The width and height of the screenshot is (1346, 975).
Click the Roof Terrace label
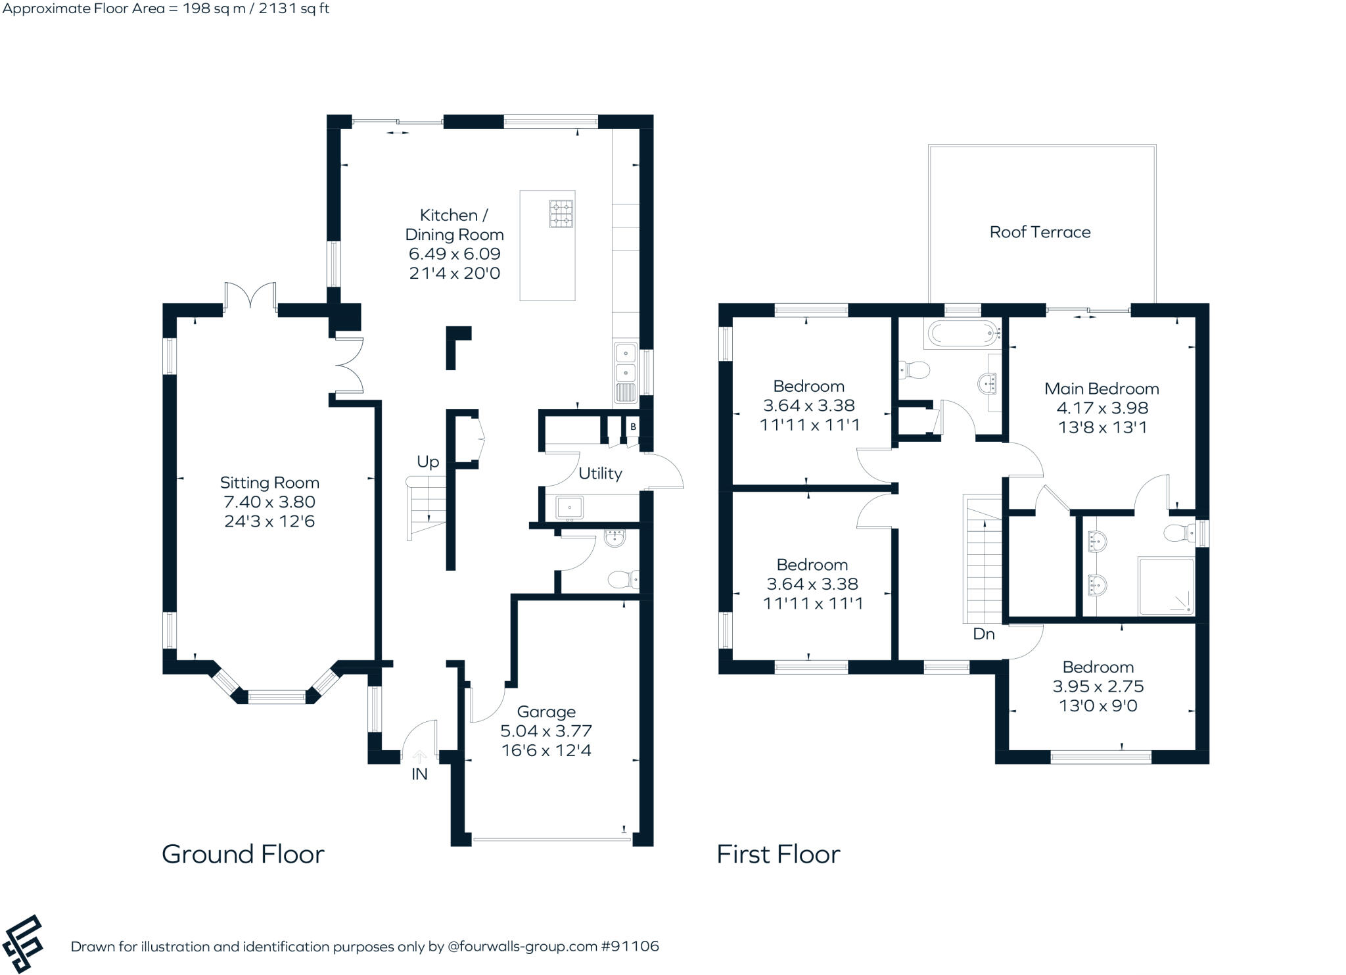(1040, 232)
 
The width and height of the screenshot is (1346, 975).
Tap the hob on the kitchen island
(561, 213)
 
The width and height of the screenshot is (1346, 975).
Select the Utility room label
(600, 473)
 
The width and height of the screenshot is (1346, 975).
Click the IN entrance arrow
(419, 758)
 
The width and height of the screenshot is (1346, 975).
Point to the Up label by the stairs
(428, 462)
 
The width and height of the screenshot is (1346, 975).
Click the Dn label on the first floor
(984, 634)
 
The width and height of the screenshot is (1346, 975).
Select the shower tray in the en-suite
(1165, 586)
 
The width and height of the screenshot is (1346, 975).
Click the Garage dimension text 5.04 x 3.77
(546, 730)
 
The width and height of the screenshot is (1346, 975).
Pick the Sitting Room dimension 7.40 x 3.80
(269, 502)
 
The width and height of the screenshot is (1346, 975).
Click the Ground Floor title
(243, 854)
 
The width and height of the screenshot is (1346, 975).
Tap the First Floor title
(778, 854)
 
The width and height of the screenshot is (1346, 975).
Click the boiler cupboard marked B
(633, 427)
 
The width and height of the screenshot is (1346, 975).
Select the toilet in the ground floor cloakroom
(622, 579)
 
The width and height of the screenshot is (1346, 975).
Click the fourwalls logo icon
(23, 943)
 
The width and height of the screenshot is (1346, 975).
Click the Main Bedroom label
(1102, 389)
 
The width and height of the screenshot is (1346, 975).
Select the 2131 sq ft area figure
(290, 9)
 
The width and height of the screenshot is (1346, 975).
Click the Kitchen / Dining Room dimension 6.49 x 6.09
(454, 254)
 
